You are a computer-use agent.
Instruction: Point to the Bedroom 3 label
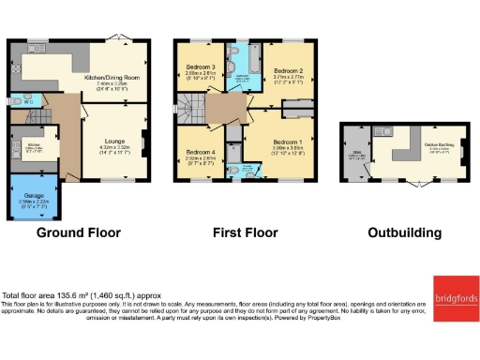(200, 68)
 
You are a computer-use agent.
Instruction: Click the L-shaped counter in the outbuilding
(403, 150)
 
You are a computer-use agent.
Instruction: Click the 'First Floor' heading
(245, 232)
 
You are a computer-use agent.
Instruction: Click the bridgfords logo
(455, 297)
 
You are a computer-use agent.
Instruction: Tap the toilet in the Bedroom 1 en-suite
(246, 172)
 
